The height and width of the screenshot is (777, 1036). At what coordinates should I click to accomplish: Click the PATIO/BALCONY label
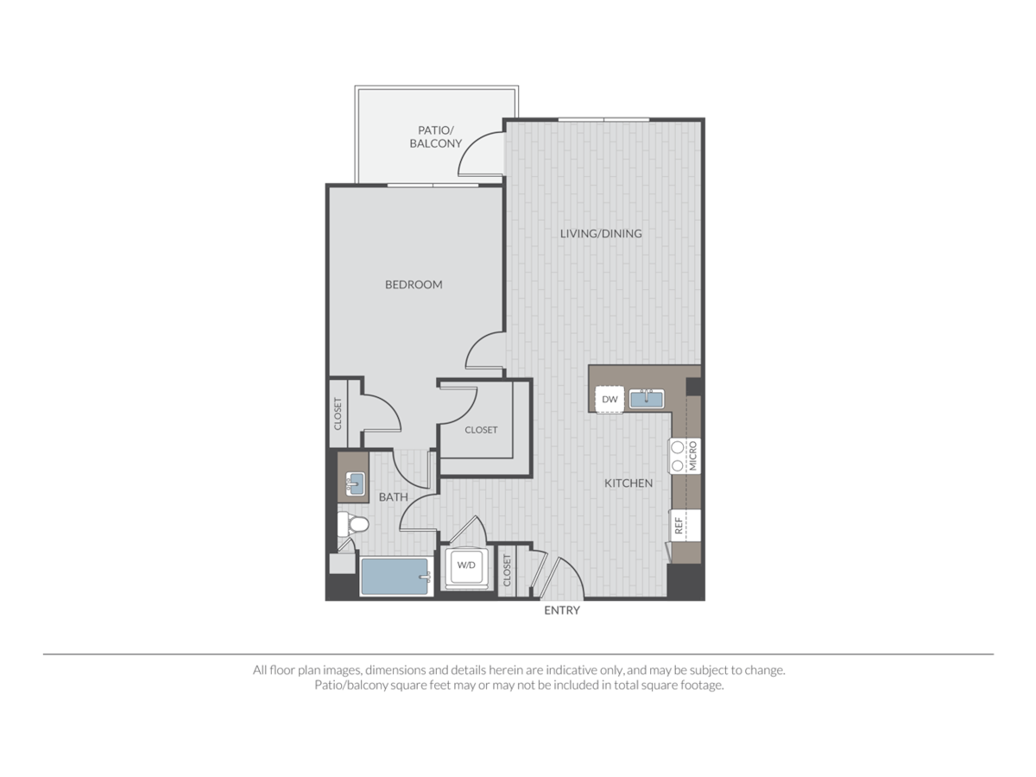(435, 136)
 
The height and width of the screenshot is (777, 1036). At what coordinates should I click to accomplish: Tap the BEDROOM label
(414, 284)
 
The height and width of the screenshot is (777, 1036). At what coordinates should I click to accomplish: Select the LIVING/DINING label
(601, 233)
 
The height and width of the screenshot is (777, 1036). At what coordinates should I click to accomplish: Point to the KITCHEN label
(629, 483)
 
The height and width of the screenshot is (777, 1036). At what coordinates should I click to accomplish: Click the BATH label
(393, 497)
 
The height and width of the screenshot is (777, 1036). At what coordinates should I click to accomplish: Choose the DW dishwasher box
(610, 399)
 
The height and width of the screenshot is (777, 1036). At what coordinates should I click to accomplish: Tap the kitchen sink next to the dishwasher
(645, 398)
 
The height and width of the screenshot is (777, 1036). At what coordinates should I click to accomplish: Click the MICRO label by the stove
(693, 455)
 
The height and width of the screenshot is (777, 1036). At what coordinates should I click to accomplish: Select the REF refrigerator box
(679, 524)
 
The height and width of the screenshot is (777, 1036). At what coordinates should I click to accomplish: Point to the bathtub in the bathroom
(395, 575)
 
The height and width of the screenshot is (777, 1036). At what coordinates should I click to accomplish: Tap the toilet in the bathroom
(353, 523)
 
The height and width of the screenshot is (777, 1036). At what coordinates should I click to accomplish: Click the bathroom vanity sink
(354, 483)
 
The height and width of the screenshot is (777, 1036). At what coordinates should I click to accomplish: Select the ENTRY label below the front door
(562, 610)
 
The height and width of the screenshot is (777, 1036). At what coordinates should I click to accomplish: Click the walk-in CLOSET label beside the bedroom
(481, 430)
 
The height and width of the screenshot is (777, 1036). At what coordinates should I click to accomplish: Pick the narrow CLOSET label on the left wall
(338, 414)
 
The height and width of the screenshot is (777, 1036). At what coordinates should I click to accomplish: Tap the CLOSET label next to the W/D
(506, 569)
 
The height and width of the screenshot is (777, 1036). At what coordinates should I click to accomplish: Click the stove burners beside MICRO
(678, 455)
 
